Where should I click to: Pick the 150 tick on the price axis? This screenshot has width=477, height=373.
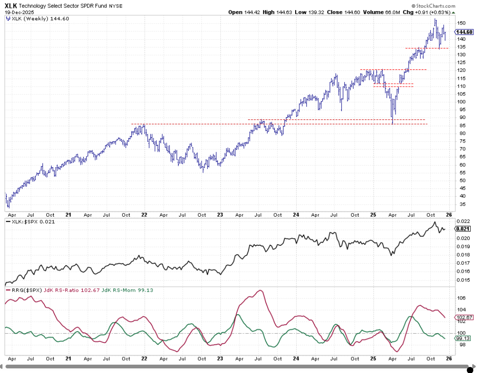tap(462, 23)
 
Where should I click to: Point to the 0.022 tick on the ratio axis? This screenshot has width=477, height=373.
tap(463, 222)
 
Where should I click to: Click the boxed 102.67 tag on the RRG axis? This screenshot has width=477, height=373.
tap(464, 317)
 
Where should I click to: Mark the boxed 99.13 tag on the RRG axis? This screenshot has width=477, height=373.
tap(464, 339)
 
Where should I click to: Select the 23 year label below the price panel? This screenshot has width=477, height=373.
tap(220, 215)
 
